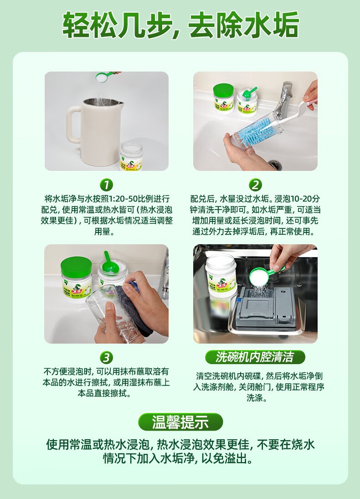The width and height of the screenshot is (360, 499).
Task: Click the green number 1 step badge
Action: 106,185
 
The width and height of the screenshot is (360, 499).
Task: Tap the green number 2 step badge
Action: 255,185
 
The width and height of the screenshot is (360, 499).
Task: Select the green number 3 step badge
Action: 106,358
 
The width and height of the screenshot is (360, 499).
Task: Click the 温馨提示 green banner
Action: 180,422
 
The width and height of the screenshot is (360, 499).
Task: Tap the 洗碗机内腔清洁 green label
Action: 255,357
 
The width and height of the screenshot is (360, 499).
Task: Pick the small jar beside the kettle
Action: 131,156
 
